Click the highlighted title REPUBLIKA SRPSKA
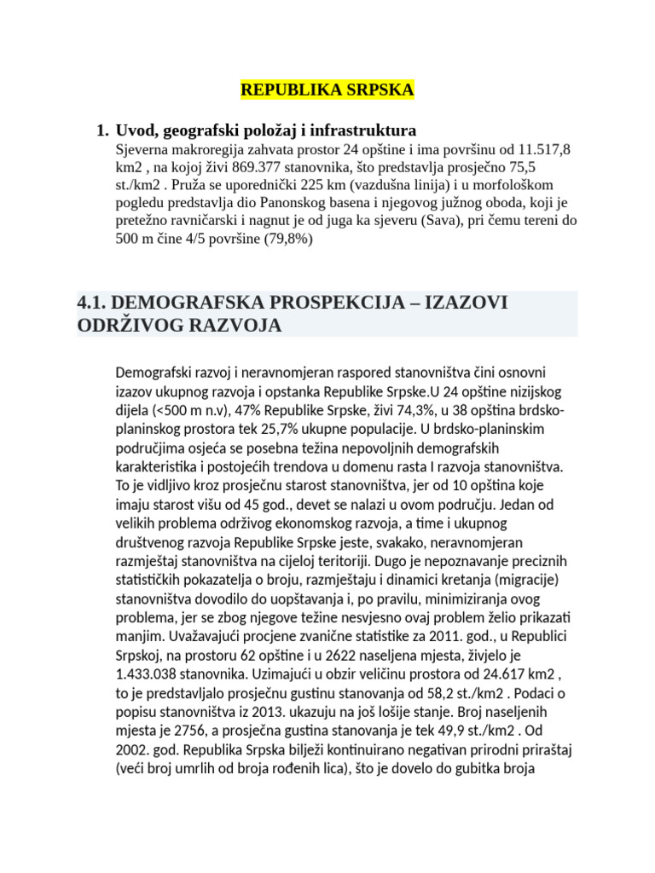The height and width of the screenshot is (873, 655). (327, 90)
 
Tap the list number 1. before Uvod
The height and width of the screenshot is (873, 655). (102, 130)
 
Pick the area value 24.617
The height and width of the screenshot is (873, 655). (510, 671)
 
